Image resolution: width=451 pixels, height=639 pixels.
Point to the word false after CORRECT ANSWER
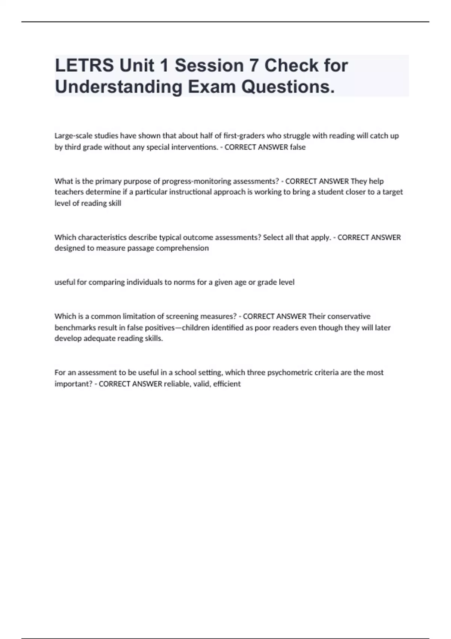pyautogui.click(x=298, y=147)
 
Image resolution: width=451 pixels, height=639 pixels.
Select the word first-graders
pyautogui.click(x=244, y=136)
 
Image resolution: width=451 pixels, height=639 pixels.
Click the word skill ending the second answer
pyautogui.click(x=114, y=203)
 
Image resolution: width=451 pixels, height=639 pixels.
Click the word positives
pyautogui.click(x=160, y=327)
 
